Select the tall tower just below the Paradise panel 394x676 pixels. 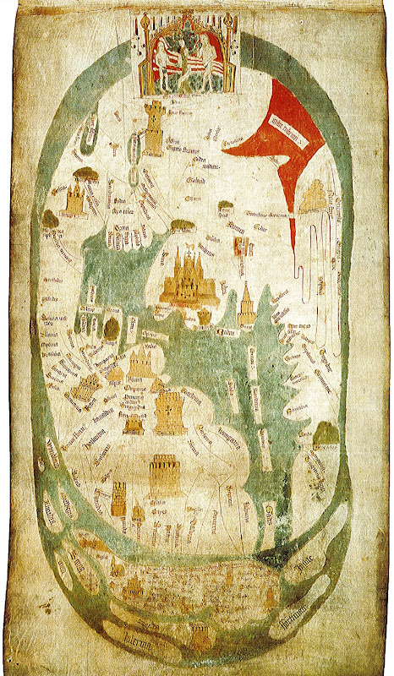point(155,128)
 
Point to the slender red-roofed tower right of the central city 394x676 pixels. point(247,305)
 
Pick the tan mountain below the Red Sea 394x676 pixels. point(314,196)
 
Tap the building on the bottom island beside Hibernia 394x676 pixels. point(199,634)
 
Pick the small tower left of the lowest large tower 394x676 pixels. point(119,499)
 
